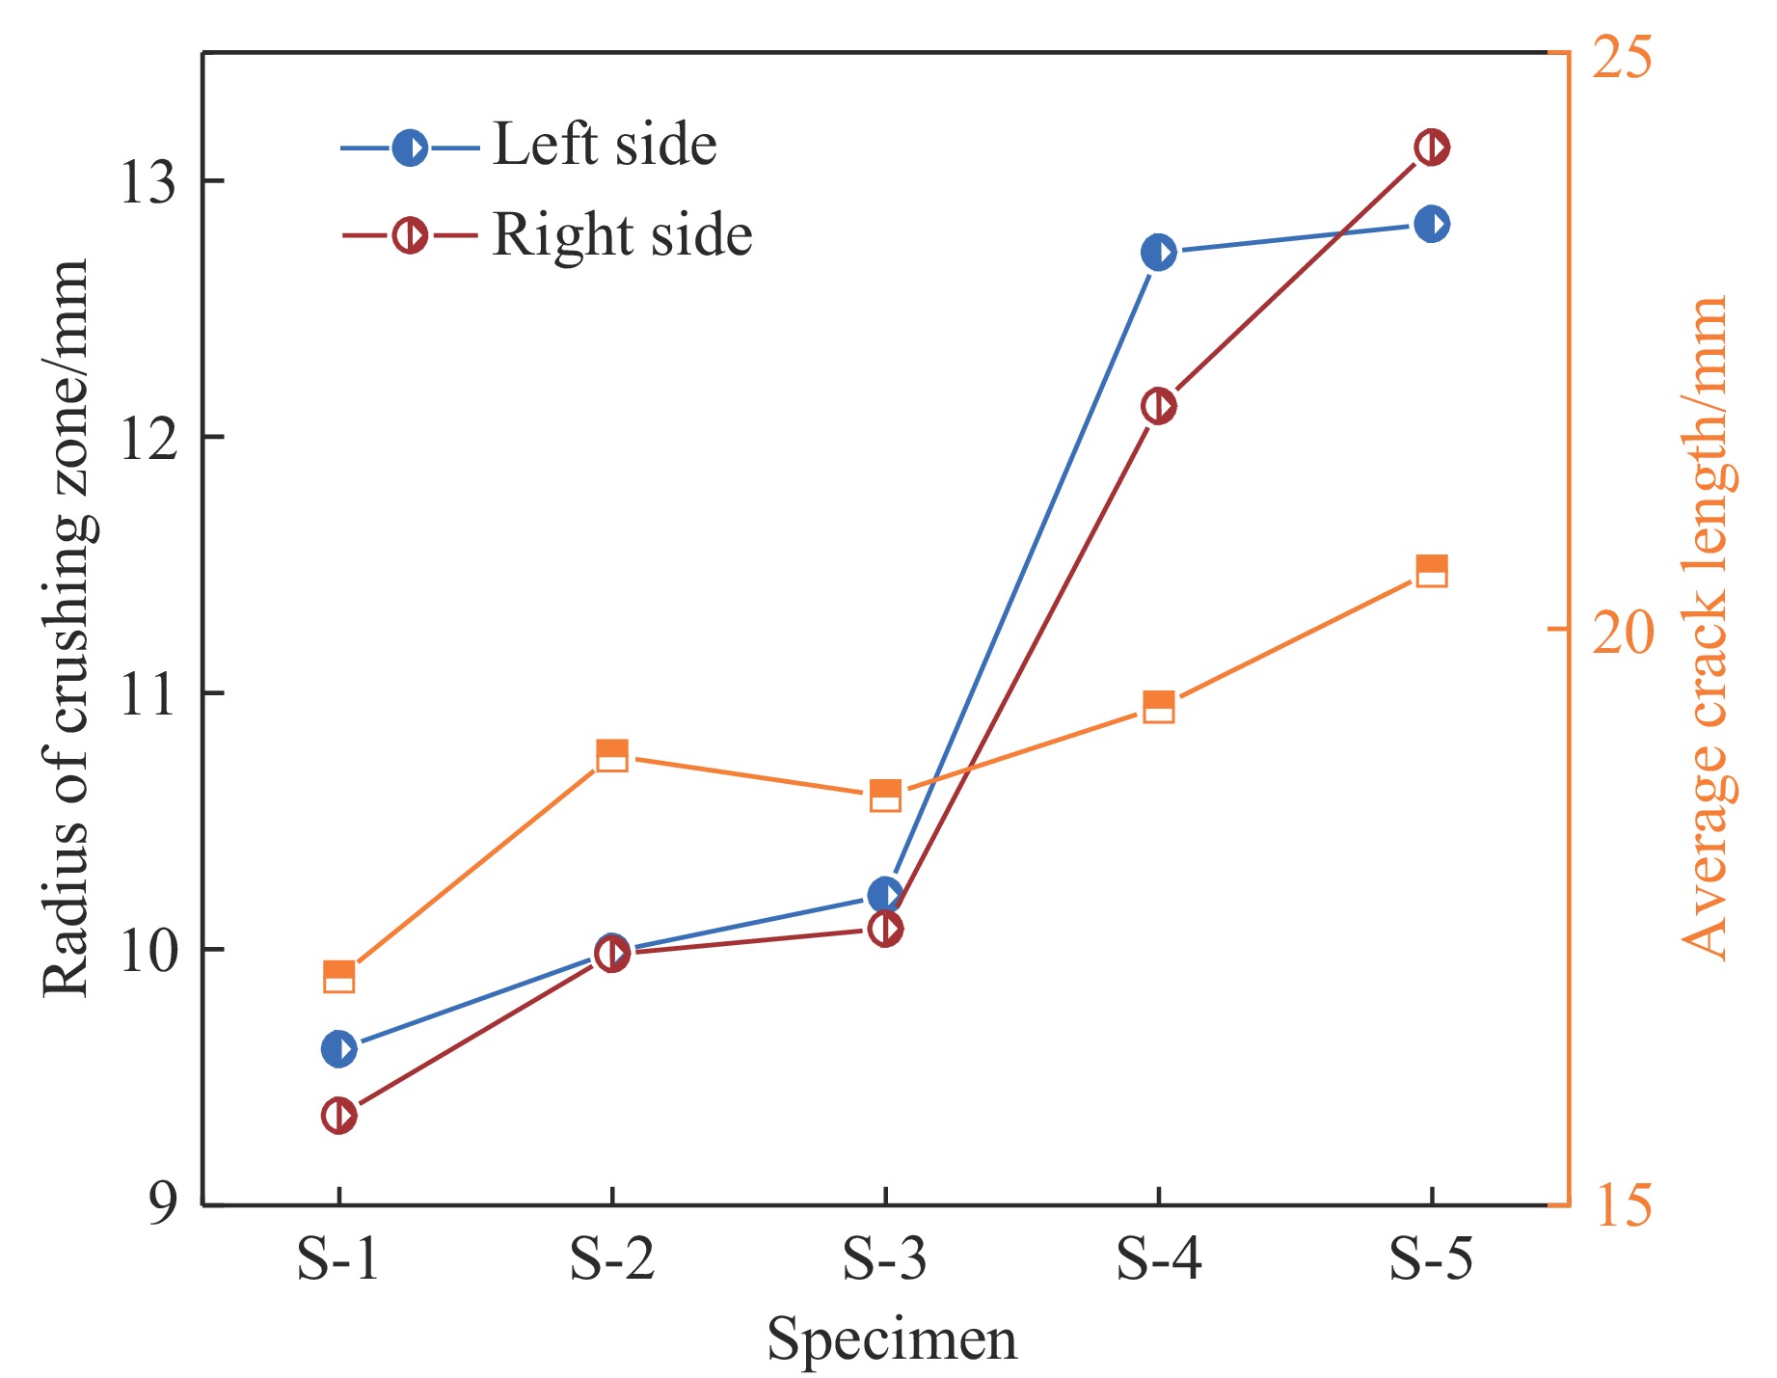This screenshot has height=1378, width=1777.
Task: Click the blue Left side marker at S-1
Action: point(338,1048)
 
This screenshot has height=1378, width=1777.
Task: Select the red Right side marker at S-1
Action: point(338,1116)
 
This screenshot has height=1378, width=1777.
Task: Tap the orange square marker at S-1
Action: point(338,977)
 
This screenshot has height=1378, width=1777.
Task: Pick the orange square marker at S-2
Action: point(612,755)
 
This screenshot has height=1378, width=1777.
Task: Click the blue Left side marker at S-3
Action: point(885,895)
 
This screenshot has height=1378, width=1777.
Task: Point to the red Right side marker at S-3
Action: point(885,930)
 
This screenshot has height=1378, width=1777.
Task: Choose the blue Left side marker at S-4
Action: point(1158,253)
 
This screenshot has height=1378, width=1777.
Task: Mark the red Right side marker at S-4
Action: point(1158,406)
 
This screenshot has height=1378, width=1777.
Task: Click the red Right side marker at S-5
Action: point(1432,148)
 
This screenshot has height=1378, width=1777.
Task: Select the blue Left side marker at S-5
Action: point(1432,225)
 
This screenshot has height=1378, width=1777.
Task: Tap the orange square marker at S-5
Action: point(1432,570)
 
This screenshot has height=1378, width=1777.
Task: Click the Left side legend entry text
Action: point(605,146)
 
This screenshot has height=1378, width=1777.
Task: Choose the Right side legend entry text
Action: point(622,234)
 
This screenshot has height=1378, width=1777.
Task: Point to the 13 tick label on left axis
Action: point(148,182)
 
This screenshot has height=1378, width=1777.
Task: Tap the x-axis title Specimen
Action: point(892,1339)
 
